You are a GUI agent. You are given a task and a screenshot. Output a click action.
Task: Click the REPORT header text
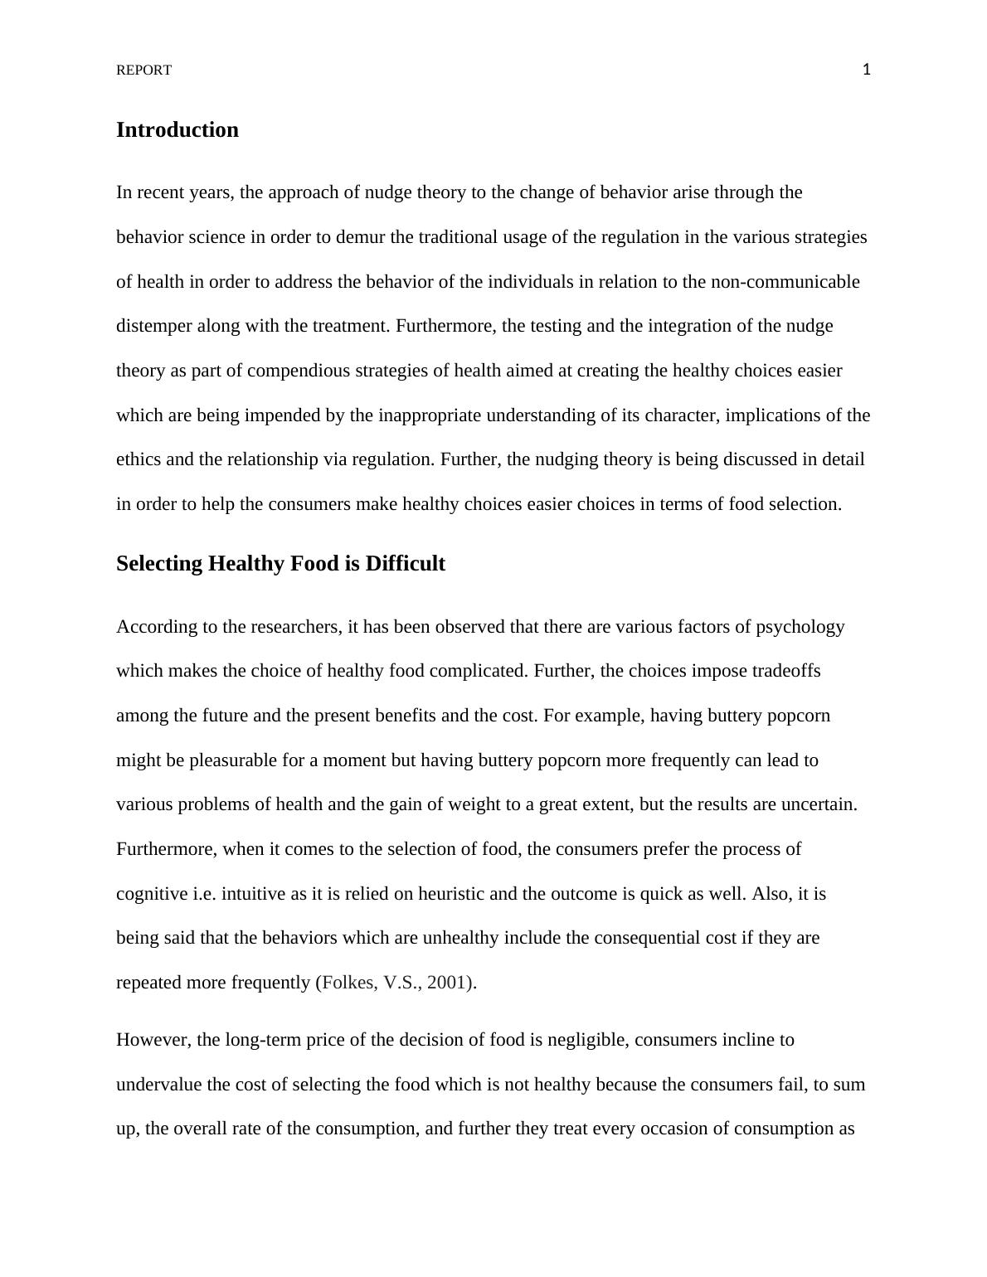143,70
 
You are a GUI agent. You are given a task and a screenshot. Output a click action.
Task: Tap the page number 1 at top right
867,70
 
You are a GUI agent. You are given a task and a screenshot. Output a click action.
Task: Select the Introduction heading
177,130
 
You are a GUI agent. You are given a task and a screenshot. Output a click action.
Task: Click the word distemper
154,326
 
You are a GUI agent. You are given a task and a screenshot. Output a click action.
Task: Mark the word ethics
139,459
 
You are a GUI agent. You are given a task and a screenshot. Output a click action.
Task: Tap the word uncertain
819,804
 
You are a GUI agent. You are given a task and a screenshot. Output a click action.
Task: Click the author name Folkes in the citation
348,983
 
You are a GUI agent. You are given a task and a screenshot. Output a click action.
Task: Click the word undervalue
154,1085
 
